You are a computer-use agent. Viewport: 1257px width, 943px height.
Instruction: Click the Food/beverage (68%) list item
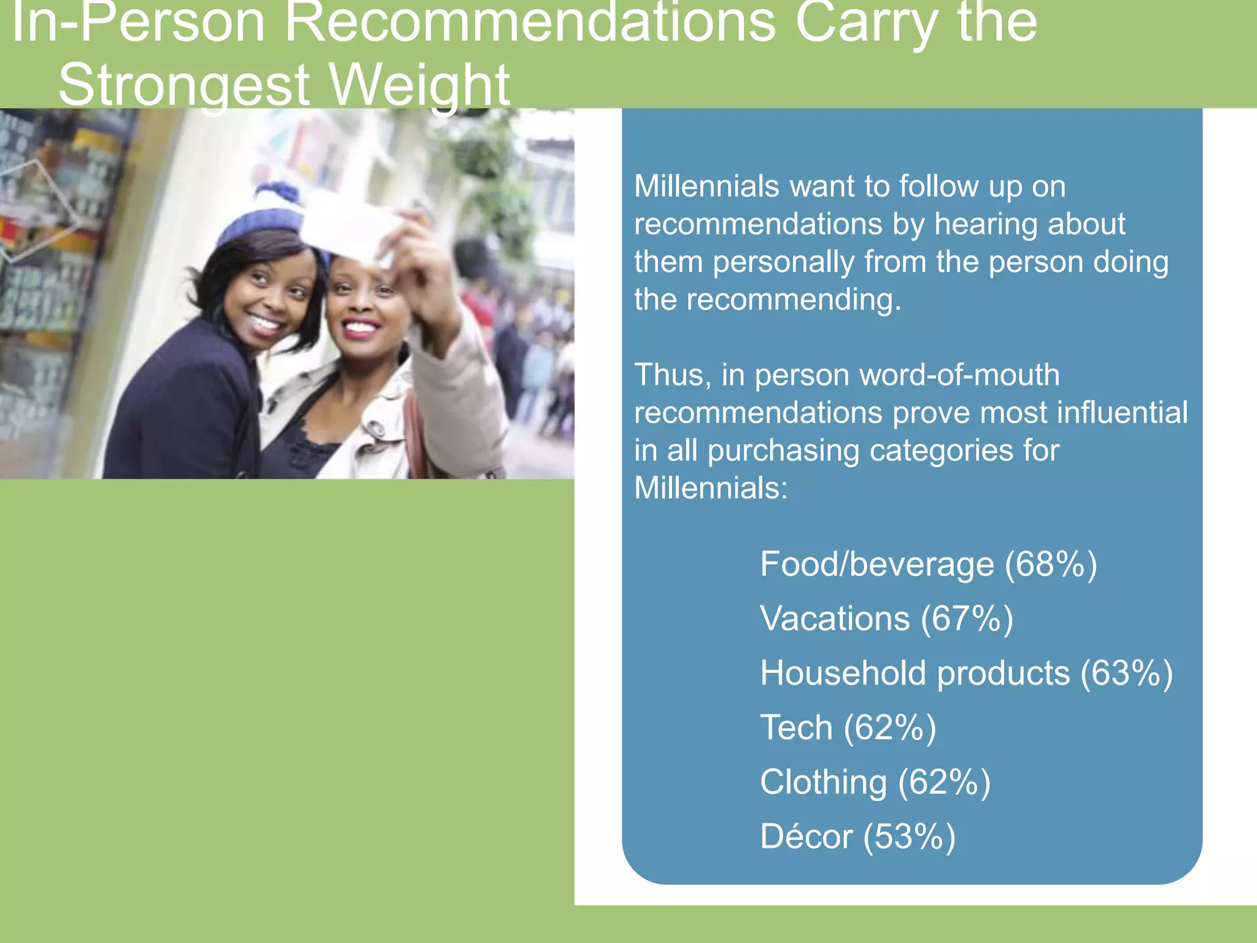point(928,564)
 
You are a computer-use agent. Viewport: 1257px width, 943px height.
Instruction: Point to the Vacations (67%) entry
point(886,618)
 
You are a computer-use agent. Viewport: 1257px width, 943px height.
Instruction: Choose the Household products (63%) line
point(966,673)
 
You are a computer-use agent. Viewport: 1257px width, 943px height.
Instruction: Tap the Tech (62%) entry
point(848,728)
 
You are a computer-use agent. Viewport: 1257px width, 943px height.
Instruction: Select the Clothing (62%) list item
point(875,782)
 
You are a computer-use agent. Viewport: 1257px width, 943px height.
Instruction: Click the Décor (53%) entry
point(857,836)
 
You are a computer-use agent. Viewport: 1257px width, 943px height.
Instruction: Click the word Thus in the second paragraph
point(672,375)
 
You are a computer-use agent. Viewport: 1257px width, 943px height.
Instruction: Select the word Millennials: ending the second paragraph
point(711,489)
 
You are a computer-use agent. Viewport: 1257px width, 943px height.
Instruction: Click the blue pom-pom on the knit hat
point(277,196)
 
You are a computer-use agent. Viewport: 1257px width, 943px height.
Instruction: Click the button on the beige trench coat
point(376,430)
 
